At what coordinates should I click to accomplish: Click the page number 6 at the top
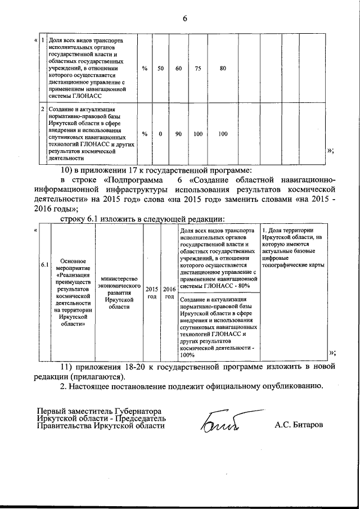[x=184, y=20]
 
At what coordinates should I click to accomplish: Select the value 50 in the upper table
[x=160, y=68]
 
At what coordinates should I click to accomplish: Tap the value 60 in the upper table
[x=178, y=68]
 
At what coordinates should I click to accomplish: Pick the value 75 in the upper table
[x=198, y=68]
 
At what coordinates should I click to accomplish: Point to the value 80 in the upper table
[x=223, y=68]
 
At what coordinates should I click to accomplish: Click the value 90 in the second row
[x=178, y=134]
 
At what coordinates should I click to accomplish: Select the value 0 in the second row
[x=160, y=134]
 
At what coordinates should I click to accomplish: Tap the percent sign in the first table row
[x=145, y=68]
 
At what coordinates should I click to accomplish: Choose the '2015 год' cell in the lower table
[x=152, y=292]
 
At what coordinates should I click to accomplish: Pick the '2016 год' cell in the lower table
[x=169, y=292]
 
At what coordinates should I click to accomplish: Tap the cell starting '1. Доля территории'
[x=292, y=247]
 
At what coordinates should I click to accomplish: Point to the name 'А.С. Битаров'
[x=299, y=424]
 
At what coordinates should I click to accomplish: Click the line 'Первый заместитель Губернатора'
[x=100, y=411]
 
